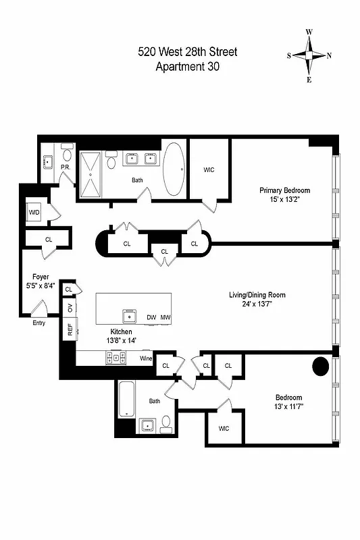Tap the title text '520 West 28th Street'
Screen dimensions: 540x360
[x=188, y=52]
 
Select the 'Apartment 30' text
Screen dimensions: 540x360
[x=188, y=66]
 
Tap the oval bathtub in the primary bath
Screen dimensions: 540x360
[x=174, y=169]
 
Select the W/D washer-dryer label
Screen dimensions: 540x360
[x=34, y=213]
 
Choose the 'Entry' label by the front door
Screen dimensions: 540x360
[x=39, y=323]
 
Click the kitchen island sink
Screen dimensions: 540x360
[x=128, y=315]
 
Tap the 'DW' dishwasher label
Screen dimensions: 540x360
[x=152, y=317]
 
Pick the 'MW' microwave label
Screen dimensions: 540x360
[x=165, y=317]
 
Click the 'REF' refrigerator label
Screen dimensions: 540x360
[x=69, y=329]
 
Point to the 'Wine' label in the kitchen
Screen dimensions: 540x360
[x=145, y=358]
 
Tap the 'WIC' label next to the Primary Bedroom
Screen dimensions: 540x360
[x=209, y=170]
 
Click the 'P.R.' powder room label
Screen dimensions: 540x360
[x=66, y=167]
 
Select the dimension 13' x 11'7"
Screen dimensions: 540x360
[x=288, y=407]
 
